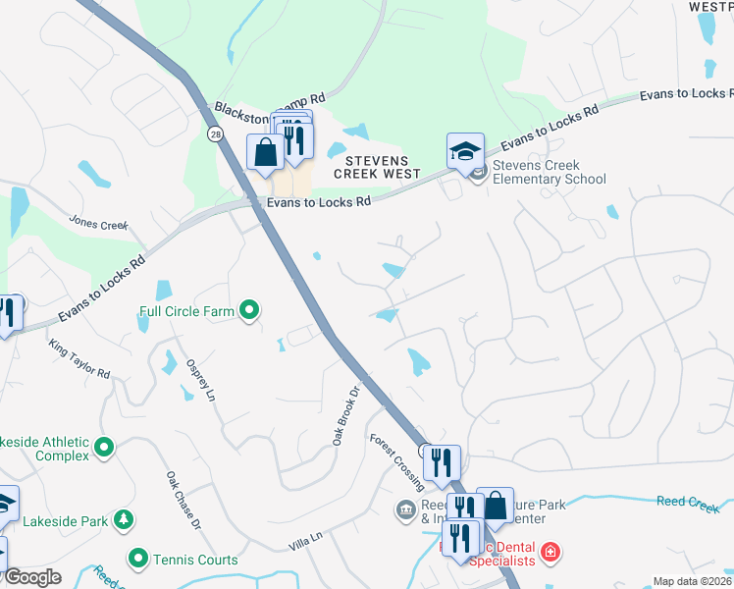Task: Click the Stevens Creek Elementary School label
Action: pyautogui.click(x=549, y=173)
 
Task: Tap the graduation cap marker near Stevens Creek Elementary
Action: pyautogui.click(x=465, y=151)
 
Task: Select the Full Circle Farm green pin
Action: pyautogui.click(x=249, y=312)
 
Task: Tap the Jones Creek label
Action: pyautogui.click(x=98, y=225)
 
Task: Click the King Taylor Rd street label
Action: pyautogui.click(x=79, y=359)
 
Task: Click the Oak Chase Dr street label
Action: pyautogui.click(x=183, y=500)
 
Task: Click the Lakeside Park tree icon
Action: pyautogui.click(x=124, y=519)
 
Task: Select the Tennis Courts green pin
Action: pyautogui.click(x=138, y=559)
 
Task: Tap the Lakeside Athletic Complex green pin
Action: pyautogui.click(x=105, y=450)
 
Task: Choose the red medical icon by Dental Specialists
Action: pyautogui.click(x=550, y=552)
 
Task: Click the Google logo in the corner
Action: pyautogui.click(x=32, y=577)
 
